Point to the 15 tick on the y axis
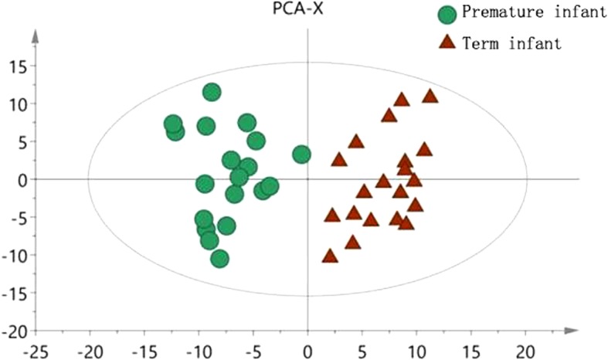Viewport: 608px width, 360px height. [16, 66]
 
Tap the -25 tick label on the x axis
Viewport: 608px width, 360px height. [36, 352]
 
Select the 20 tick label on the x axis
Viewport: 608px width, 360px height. [526, 352]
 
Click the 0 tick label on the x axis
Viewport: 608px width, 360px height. [307, 352]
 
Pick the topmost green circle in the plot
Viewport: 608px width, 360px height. [212, 92]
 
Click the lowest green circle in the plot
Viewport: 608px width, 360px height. [219, 258]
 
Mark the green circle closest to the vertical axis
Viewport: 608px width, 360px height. [301, 155]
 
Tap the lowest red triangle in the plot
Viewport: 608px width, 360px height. [330, 256]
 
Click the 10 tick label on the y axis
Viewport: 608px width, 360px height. [16, 104]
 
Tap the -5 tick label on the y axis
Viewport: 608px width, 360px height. [16, 217]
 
